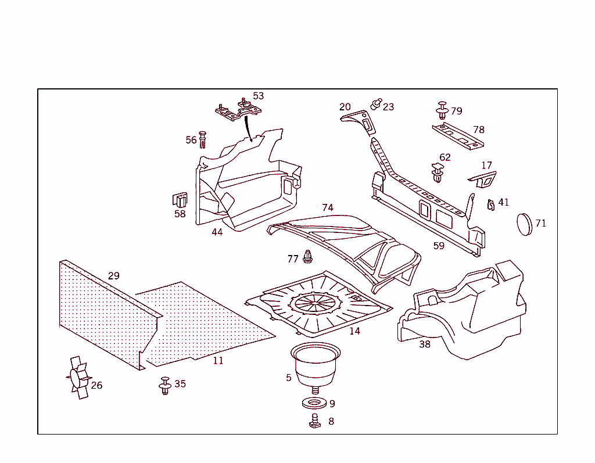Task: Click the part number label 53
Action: point(258,96)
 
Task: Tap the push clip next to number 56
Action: point(202,139)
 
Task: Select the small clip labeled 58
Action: point(180,199)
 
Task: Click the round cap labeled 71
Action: point(524,224)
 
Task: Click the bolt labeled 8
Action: point(316,421)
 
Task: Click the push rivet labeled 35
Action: point(165,385)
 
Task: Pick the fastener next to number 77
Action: point(308,256)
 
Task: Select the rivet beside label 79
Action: point(442,110)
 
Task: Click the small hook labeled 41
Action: point(490,204)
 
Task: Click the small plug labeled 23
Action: point(376,105)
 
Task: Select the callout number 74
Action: point(328,208)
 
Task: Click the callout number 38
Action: point(425,344)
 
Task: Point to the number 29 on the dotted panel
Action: point(113,276)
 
